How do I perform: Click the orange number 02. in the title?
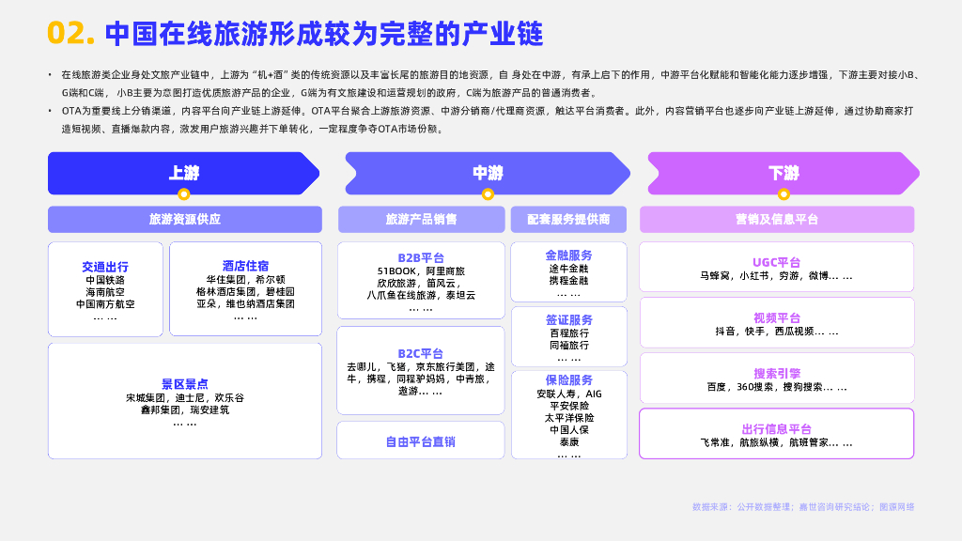point(71,34)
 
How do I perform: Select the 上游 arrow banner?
point(183,173)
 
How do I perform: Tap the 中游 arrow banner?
point(488,173)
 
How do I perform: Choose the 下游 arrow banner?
point(784,173)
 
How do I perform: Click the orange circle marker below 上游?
point(184,194)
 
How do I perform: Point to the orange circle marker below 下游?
point(784,194)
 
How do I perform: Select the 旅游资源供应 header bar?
point(185,219)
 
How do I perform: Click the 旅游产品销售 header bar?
point(421,219)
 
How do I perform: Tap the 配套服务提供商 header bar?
point(568,219)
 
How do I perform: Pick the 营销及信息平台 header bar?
point(777,219)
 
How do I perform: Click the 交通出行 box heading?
point(105,267)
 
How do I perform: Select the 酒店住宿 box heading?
point(245,266)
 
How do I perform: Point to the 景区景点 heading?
point(185,384)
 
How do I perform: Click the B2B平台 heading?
point(421,257)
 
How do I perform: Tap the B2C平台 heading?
point(421,353)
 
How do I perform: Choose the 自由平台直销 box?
point(421,441)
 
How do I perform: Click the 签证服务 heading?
point(568,319)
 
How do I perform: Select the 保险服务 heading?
point(568,380)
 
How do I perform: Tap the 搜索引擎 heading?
point(777,373)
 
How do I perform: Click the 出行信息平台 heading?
point(777,429)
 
